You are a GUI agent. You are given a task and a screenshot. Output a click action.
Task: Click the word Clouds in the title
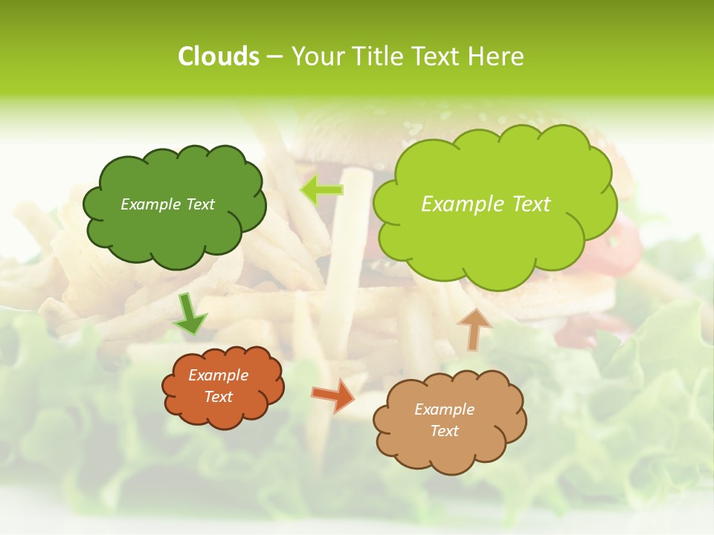(x=219, y=56)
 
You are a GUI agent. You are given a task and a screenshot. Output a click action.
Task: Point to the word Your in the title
(x=315, y=56)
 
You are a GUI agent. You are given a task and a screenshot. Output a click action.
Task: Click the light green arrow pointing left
(x=322, y=190)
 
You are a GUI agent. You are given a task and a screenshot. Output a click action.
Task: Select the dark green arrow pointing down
(x=189, y=315)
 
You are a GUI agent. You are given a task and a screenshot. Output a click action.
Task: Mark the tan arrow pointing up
(x=473, y=329)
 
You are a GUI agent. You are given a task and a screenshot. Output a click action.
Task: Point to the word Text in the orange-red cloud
(x=218, y=397)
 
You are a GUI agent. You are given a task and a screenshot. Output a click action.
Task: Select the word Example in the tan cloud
(x=444, y=409)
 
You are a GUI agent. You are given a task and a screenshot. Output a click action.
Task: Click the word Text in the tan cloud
(x=444, y=431)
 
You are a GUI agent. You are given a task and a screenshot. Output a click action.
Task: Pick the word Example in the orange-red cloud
(x=218, y=375)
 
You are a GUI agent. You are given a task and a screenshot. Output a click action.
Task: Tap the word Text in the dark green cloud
(x=200, y=204)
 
